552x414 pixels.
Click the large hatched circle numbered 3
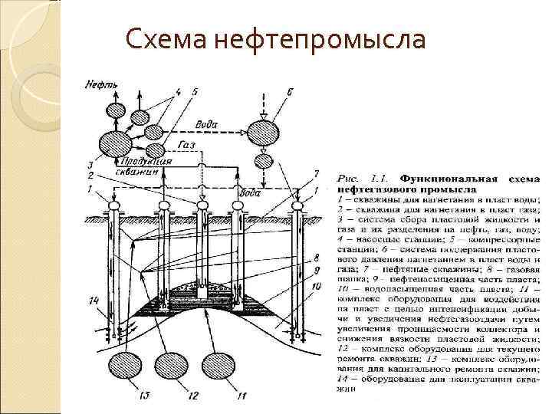click(x=117, y=143)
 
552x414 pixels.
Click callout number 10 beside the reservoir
click(x=316, y=284)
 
